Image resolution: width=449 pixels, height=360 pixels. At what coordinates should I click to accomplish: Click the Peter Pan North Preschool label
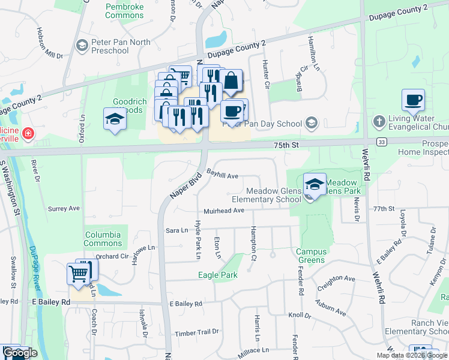click(x=110, y=47)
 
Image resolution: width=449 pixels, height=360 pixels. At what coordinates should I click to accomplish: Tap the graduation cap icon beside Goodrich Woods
click(x=115, y=119)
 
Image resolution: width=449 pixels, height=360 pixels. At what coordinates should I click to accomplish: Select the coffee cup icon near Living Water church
click(x=413, y=100)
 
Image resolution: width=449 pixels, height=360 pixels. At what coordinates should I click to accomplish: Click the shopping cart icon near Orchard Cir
click(x=79, y=275)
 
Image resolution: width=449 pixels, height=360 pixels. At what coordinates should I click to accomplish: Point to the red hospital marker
click(x=28, y=132)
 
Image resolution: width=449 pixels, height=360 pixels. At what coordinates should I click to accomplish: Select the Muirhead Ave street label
click(x=223, y=211)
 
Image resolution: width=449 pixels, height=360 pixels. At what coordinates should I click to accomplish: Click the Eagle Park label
click(x=218, y=275)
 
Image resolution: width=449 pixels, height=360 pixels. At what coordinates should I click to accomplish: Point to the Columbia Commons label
click(x=103, y=239)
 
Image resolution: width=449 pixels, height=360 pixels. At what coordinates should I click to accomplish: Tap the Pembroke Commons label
click(x=124, y=10)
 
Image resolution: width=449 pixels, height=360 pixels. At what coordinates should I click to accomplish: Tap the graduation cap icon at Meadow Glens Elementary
click(x=315, y=185)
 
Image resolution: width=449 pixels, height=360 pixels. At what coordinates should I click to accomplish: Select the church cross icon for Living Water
click(x=378, y=122)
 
